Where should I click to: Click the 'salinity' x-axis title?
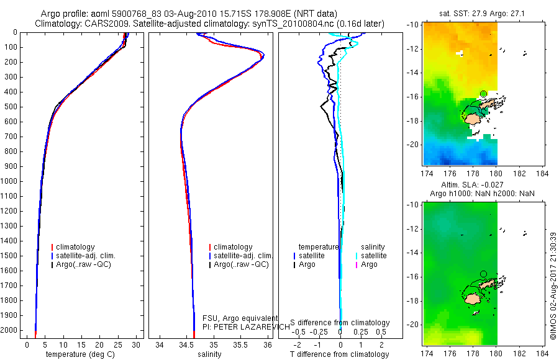(209, 354)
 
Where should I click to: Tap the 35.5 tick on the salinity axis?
(240, 344)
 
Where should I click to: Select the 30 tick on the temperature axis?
(136, 344)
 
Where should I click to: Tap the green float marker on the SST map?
(483, 94)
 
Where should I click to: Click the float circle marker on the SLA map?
(483, 274)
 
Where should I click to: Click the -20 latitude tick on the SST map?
(414, 144)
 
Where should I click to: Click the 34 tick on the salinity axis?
(160, 344)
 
